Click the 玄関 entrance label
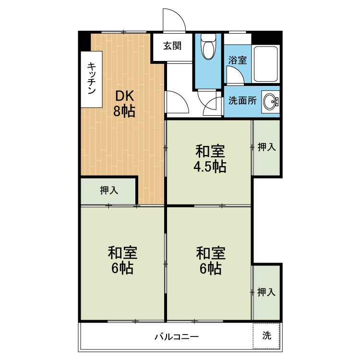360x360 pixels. (x=172, y=46)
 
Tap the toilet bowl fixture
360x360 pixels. (x=208, y=47)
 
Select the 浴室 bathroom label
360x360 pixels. (x=238, y=60)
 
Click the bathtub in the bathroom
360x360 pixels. (x=265, y=64)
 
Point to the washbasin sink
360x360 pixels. (x=270, y=101)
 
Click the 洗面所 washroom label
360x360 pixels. (x=242, y=101)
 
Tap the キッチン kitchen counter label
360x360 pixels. (x=92, y=78)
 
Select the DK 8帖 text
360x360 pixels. (x=124, y=104)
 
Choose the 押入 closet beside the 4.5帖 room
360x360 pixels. (x=266, y=147)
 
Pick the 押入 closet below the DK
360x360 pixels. (x=108, y=191)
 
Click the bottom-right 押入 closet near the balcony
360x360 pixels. (x=266, y=292)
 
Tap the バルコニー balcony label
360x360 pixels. (x=176, y=337)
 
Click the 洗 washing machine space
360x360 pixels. (x=266, y=336)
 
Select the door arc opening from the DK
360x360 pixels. (x=182, y=97)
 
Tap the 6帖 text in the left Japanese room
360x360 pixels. (x=122, y=268)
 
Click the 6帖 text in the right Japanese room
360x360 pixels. (x=211, y=269)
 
